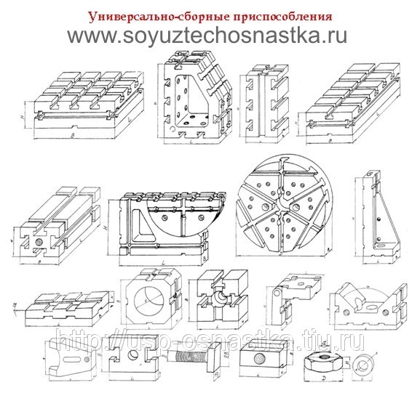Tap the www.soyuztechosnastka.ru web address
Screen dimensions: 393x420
point(208,36)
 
